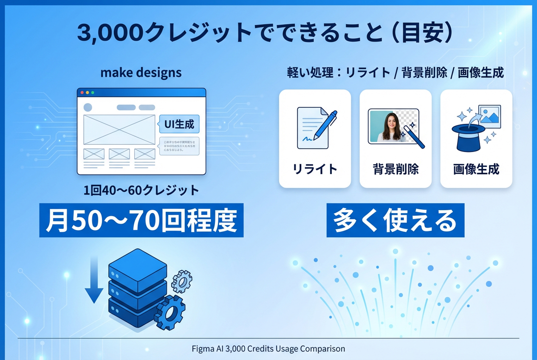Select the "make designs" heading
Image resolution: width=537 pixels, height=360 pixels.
(141, 73)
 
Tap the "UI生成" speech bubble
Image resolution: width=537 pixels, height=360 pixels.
(179, 124)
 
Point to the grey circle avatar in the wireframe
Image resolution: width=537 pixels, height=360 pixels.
(88, 107)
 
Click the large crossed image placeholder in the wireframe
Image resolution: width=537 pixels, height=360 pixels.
(119, 129)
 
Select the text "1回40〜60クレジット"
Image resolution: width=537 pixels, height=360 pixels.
(141, 190)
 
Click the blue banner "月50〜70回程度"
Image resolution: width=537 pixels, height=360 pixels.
(141, 220)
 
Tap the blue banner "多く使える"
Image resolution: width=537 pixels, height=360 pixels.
(395, 220)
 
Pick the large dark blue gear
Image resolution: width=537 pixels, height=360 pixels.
(170, 312)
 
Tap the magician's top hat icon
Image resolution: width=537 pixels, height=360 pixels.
(468, 137)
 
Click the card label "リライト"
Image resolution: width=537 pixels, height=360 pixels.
(315, 169)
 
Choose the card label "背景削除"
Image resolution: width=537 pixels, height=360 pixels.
(396, 169)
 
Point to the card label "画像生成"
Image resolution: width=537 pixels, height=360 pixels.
(476, 169)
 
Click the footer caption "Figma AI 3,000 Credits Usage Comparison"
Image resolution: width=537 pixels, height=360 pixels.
(268, 349)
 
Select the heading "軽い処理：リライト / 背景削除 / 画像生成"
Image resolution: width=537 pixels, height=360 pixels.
(396, 73)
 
